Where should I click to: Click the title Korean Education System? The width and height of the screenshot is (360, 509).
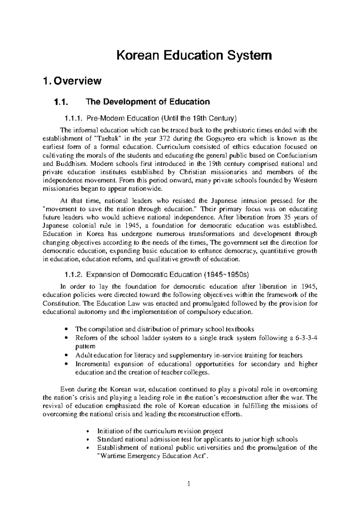point(194,56)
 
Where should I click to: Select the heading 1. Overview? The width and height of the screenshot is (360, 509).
point(72,81)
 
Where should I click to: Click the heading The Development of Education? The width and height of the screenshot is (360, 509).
point(148,102)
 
